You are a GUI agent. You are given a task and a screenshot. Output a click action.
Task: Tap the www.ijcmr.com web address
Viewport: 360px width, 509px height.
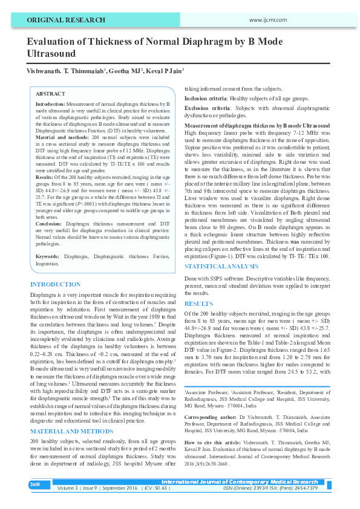click(267, 21)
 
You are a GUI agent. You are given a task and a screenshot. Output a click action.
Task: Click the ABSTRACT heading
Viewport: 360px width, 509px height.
click(50, 94)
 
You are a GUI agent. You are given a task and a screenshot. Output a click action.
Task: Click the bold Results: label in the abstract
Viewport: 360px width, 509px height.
click(45, 160)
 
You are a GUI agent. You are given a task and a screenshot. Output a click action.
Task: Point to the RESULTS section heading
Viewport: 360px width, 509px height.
click(198, 303)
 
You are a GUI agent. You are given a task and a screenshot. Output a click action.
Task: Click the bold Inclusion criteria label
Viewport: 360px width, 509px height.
click(207, 97)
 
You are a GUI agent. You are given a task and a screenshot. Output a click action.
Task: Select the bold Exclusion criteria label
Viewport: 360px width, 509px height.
click(208, 108)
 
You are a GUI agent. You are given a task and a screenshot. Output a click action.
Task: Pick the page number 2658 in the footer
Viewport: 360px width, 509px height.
click(36, 485)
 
